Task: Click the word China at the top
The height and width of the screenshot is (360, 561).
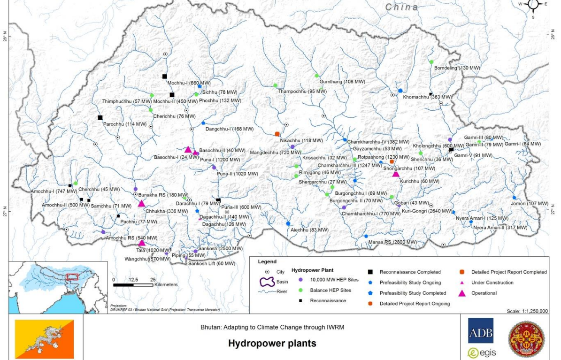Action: (x=401, y=7)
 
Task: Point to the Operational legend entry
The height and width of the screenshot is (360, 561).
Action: (x=484, y=293)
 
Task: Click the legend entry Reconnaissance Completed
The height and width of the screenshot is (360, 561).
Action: (x=410, y=272)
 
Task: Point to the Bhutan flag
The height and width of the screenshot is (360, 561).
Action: (x=44, y=339)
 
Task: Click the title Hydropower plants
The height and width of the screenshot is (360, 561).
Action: (x=272, y=344)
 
